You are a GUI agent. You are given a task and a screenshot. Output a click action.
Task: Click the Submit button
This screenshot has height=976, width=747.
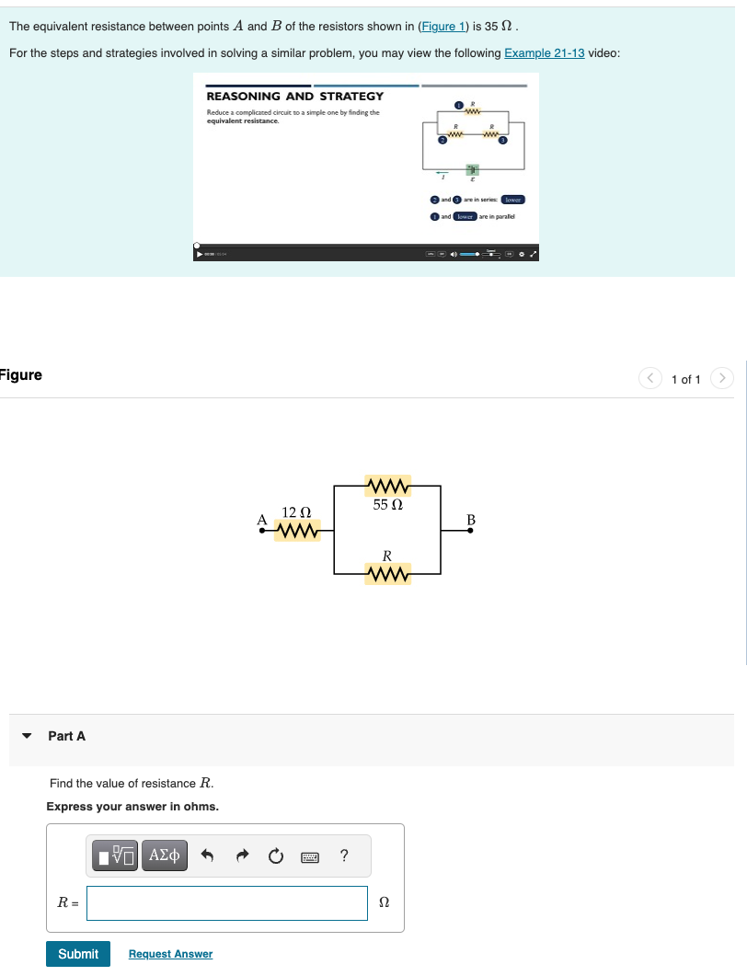pos(78,954)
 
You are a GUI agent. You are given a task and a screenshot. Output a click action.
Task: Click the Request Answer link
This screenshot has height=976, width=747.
pos(170,954)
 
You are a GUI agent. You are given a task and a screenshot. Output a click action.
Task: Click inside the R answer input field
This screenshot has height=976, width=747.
pos(227,903)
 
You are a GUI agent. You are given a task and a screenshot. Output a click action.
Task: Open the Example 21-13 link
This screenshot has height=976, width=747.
pos(545,52)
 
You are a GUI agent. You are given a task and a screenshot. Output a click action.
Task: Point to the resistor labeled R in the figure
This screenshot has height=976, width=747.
pos(387,575)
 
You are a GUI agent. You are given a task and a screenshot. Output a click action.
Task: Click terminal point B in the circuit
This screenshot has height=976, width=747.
pos(471,531)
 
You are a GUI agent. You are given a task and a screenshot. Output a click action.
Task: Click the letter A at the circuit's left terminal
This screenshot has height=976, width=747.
pos(262,521)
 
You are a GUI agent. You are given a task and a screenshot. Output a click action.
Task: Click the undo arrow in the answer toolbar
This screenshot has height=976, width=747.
pos(208,856)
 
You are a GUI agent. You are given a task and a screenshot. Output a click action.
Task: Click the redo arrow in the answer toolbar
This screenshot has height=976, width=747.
pos(242,856)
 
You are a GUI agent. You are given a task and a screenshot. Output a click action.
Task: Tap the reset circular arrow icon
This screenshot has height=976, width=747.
pos(275,856)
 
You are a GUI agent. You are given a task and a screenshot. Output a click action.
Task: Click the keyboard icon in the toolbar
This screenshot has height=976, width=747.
pos(309,856)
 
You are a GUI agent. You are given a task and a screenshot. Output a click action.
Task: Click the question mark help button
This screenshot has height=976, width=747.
pos(343,856)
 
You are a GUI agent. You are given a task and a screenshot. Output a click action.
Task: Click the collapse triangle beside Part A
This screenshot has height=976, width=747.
pos(28,736)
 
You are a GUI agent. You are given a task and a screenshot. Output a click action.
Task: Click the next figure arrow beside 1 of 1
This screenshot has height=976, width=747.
pos(724,378)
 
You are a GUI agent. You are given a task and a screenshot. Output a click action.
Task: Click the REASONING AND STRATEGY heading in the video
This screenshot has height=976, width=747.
pos(295,97)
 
